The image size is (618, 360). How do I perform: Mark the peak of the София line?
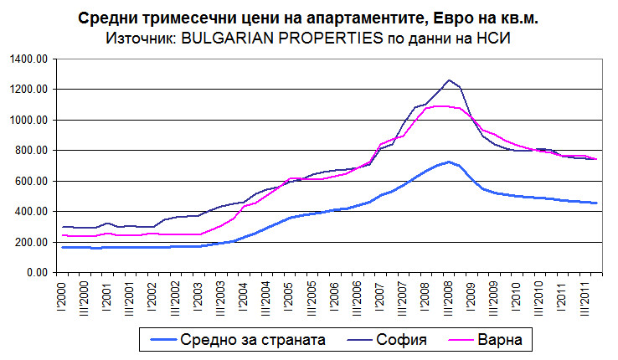pos(450,80)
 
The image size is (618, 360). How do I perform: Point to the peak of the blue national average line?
pos(450,162)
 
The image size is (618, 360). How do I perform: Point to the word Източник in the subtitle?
pos(137,39)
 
